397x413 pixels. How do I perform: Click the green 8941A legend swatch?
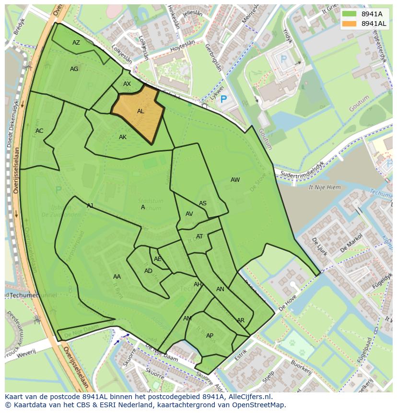pos(349,14)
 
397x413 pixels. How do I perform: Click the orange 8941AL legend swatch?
pos(349,24)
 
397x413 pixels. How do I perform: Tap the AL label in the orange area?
pos(140,111)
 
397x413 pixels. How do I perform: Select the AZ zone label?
pos(76,43)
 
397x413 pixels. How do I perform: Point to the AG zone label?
pos(74,69)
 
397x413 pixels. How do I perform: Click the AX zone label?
pos(127,84)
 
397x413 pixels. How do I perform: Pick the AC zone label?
pos(39,131)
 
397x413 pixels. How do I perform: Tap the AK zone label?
pos(123,137)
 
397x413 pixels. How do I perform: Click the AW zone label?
pos(235,180)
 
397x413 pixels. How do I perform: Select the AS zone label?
pos(203,203)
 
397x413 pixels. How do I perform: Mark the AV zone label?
pos(189,214)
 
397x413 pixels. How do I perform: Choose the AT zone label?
pos(199,236)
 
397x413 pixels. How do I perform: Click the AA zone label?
pos(117,277)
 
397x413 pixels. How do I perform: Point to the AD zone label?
pos(148,271)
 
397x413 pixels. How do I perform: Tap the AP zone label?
pos(210,336)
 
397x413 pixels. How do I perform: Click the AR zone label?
pos(241,320)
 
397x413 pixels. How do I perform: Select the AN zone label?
pos(220,289)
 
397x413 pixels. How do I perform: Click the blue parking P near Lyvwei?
pos(223,100)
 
